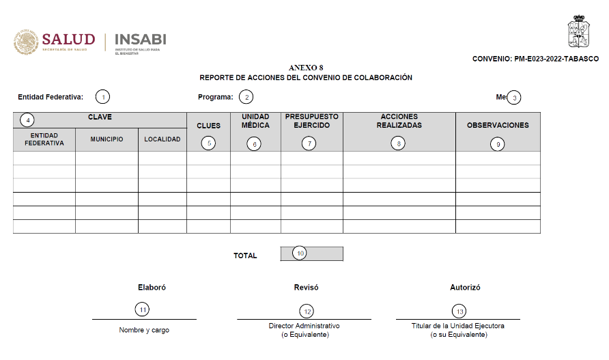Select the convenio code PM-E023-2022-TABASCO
point(535,59)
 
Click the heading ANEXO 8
point(305,68)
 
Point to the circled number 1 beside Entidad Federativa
point(102,97)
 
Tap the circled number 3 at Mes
point(515,97)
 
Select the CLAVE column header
point(100,117)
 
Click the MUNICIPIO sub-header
point(107,139)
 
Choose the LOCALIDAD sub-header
point(162,139)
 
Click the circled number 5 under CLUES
point(209,143)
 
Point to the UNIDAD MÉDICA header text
point(255,121)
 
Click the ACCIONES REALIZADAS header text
point(399,121)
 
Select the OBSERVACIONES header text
point(498,125)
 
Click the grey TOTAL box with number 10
point(311,253)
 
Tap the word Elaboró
point(152,288)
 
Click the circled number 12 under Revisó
point(307,311)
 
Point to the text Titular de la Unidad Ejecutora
point(458,327)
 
